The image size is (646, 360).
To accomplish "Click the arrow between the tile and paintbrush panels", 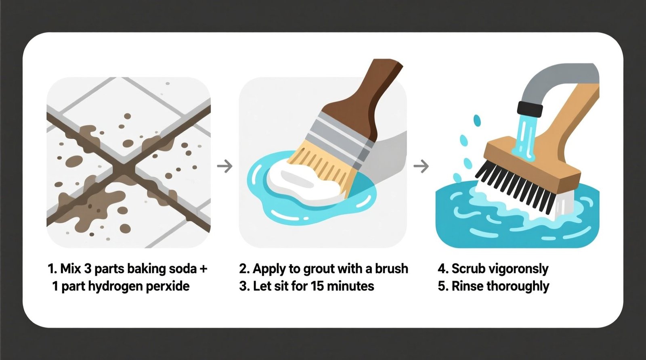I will click(225, 166).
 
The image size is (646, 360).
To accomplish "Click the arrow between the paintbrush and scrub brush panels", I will click(421, 166).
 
